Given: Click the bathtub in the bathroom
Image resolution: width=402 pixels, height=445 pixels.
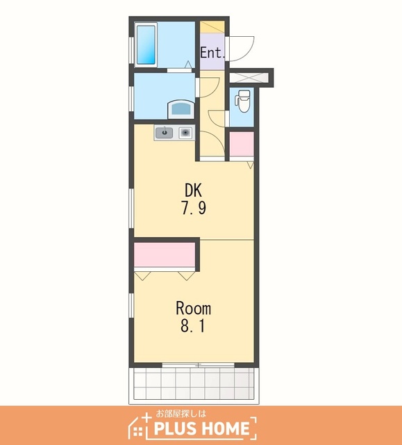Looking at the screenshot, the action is [x=146, y=44].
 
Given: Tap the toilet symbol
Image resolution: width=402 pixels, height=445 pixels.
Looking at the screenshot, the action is [x=243, y=101].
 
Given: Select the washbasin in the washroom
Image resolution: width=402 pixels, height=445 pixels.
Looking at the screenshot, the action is [x=181, y=109].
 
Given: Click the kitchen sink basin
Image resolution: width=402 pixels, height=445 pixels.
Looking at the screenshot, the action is [x=164, y=133].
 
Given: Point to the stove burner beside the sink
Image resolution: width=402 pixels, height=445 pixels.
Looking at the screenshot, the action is [x=185, y=133].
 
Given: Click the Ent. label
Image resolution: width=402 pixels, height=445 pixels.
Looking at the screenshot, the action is [x=212, y=53].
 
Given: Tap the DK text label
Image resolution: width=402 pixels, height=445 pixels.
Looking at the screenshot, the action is [x=193, y=190].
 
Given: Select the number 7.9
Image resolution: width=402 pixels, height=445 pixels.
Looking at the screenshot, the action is [x=194, y=209].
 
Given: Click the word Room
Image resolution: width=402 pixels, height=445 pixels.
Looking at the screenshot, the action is [x=194, y=309].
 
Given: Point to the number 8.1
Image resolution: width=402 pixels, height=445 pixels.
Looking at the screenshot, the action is [x=193, y=326].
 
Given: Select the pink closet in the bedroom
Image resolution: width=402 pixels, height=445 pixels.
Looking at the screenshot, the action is [x=165, y=254].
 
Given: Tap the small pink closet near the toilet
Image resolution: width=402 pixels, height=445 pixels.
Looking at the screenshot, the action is [x=242, y=144].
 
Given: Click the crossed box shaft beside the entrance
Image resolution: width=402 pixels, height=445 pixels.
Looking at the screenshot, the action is [x=249, y=77].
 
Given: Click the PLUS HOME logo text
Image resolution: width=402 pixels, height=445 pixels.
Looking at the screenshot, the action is [x=201, y=428].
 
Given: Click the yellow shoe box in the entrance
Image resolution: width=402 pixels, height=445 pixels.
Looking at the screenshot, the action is [x=212, y=27].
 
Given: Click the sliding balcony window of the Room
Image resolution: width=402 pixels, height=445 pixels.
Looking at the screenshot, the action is [x=198, y=364].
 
